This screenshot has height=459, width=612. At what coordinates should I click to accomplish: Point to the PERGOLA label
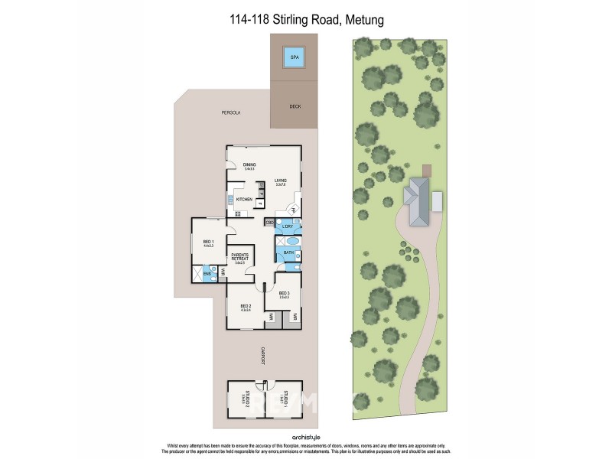coord(231,112)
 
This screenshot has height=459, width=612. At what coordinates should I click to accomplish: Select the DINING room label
coord(249,165)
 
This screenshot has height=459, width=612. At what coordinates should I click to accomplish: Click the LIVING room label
coord(281,181)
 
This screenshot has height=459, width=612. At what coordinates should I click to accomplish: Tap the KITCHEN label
coord(244,200)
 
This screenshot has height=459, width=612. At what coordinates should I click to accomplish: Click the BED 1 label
coord(208,242)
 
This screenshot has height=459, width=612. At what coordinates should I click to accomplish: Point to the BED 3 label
coord(284,295)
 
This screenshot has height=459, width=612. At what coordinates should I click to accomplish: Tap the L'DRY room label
coord(288,227)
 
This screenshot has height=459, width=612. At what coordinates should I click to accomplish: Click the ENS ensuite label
coord(207,272)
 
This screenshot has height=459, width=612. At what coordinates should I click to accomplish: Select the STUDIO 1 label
coord(285,397)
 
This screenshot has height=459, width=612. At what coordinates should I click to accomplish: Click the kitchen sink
coord(230,200)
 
